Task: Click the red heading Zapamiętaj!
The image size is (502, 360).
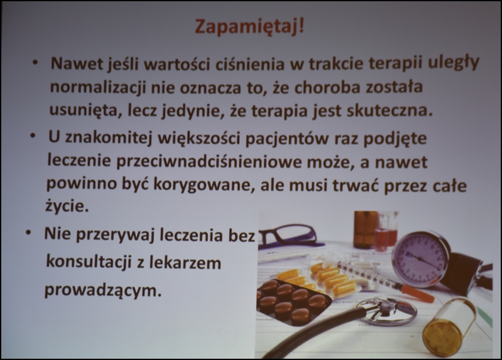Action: point(249,27)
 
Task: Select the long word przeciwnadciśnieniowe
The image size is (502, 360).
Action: point(209,162)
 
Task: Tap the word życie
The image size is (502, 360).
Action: point(67,207)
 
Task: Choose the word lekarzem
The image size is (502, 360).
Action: point(185,263)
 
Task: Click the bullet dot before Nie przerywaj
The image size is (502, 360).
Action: point(29,233)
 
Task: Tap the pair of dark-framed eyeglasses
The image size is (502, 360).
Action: point(288,237)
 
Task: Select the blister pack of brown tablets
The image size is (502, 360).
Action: point(293,302)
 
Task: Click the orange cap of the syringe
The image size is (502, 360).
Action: point(417,293)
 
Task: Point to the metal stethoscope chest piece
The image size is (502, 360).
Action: point(390,311)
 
